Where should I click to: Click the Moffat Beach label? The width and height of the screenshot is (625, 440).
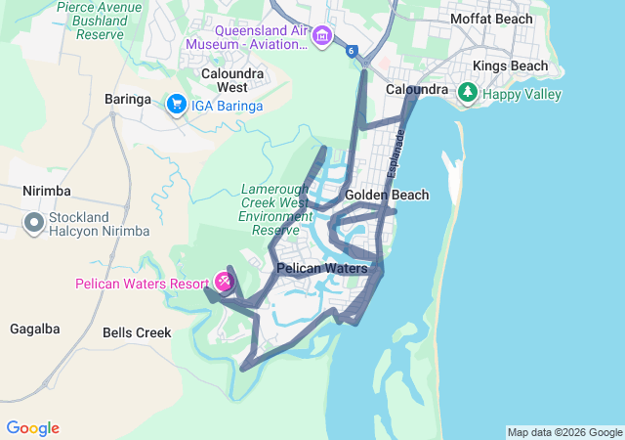[491, 19]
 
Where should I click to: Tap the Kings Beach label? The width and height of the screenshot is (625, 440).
[510, 66]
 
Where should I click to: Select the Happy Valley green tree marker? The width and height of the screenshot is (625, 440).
[469, 93]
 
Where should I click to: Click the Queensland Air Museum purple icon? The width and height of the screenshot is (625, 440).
[322, 37]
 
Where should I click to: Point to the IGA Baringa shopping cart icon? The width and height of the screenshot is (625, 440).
[177, 105]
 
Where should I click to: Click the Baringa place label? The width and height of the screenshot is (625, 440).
[128, 99]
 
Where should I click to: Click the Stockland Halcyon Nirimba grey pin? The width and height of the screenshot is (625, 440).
[34, 224]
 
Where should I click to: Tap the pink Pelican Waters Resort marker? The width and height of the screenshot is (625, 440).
[225, 282]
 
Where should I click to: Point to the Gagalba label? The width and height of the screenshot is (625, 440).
[35, 329]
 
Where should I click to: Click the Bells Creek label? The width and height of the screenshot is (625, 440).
[137, 332]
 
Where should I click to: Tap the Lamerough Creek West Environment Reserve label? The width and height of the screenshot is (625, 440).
[275, 208]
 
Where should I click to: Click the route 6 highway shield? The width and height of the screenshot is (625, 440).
[351, 52]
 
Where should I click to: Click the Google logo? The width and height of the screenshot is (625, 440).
[32, 428]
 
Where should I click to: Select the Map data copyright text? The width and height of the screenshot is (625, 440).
[564, 432]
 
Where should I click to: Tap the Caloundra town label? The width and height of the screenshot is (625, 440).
[416, 89]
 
